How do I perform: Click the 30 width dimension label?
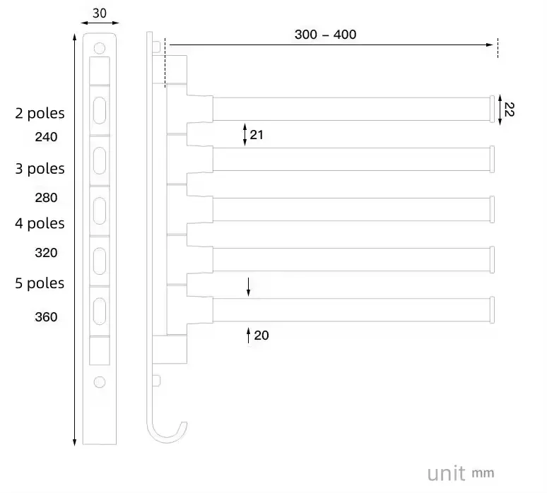click(x=100, y=13)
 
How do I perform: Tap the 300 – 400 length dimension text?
click(x=325, y=34)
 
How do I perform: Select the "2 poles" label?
click(x=40, y=113)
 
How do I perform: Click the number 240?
click(x=46, y=137)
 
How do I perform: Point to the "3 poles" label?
click(x=40, y=169)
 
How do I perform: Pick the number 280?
click(x=46, y=198)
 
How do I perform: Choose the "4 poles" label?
click(x=40, y=223)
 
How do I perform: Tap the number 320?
click(x=46, y=253)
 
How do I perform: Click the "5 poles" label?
click(x=40, y=283)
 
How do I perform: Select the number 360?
click(x=46, y=317)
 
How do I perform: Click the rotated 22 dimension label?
click(x=510, y=109)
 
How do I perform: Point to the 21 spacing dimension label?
click(x=257, y=133)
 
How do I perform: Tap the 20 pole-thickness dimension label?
click(x=261, y=335)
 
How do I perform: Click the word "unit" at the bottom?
click(x=446, y=472)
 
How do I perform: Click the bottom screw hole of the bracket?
click(x=100, y=381)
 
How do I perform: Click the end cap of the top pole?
click(x=493, y=109)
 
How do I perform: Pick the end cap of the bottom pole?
click(x=493, y=310)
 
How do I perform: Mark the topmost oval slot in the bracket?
click(x=100, y=109)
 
